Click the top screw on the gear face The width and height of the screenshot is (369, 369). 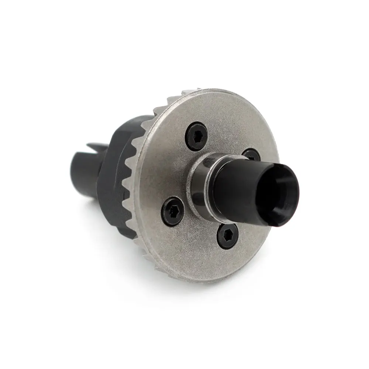tap(196, 136)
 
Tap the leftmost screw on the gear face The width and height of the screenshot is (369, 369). tap(172, 211)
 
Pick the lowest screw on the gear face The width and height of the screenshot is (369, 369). tap(227, 236)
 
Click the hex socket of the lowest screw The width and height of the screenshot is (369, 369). tap(228, 236)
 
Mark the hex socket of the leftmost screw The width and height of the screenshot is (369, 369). tap(173, 211)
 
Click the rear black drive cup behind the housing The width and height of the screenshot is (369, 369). tap(83, 173)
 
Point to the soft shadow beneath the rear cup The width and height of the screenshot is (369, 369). tap(92, 207)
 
